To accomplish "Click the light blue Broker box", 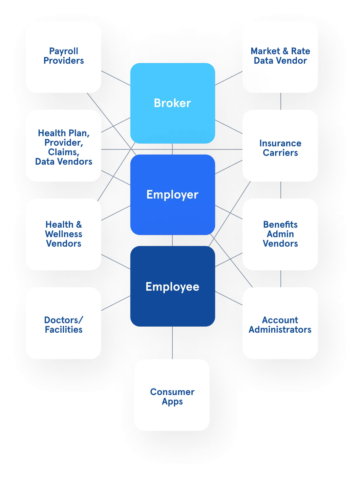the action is click(x=172, y=103).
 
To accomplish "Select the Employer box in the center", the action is click(x=172, y=195).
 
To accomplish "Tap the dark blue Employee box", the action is click(x=172, y=286).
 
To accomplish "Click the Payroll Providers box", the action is click(x=63, y=57).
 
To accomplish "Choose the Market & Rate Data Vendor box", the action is click(x=280, y=57).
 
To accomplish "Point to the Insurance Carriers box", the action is click(x=280, y=146).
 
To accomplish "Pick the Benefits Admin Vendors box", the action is click(x=280, y=234).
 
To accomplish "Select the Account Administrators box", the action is click(x=280, y=323).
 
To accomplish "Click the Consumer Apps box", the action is click(x=172, y=395).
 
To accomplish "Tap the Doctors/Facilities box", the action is click(x=63, y=323).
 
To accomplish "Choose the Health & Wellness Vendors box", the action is click(x=63, y=234).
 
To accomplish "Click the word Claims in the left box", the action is click(x=64, y=152).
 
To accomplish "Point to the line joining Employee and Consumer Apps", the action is click(x=172, y=343).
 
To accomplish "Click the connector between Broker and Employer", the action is click(x=172, y=149).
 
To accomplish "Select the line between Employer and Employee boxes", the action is click(x=172, y=241).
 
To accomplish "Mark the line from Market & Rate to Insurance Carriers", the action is click(x=281, y=101).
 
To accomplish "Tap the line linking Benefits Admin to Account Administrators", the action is click(x=281, y=279).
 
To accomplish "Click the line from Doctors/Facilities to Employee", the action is click(x=116, y=303).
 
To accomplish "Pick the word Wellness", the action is click(x=64, y=234).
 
